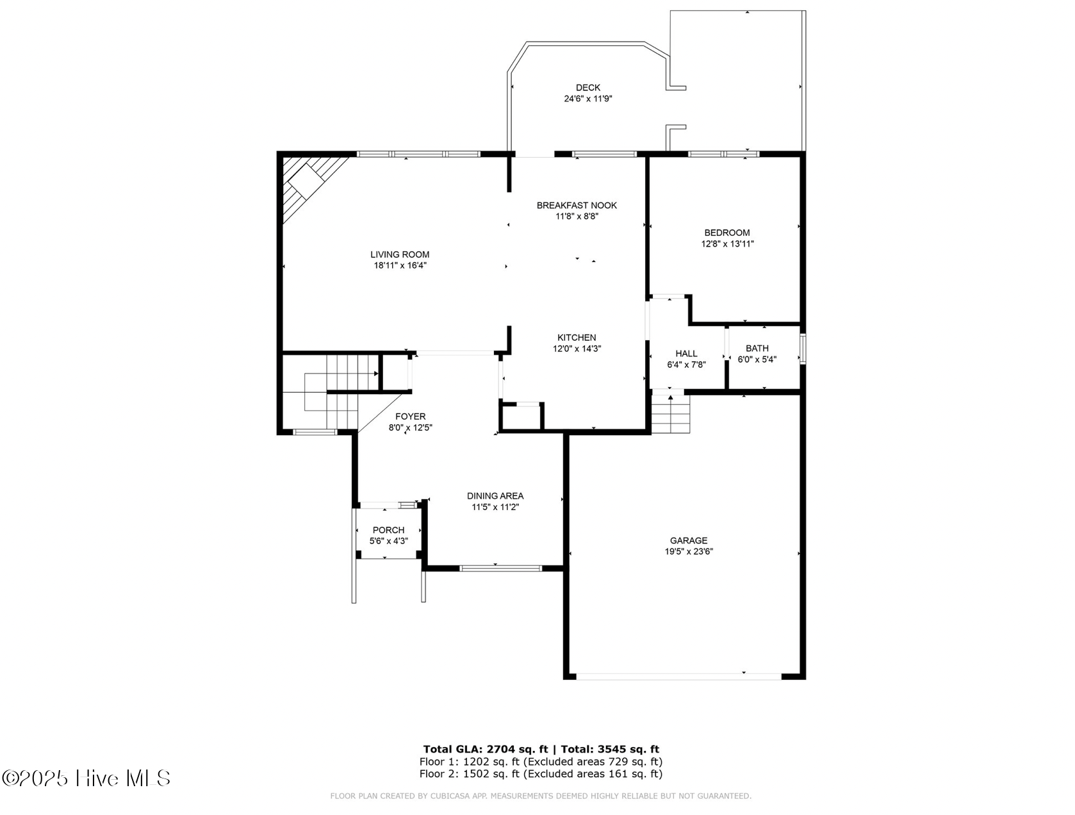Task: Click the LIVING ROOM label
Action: tap(400, 254)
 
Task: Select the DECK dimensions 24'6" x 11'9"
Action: tap(587, 99)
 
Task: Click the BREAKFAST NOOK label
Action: tap(577, 205)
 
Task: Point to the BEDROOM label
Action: tap(726, 233)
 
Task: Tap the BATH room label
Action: tap(757, 348)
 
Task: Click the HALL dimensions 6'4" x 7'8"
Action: tap(686, 365)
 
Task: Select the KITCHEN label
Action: tap(577, 337)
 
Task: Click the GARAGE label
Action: tap(689, 540)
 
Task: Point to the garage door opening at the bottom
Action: tap(679, 675)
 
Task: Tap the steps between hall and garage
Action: tap(671, 415)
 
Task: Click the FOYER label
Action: tap(410, 416)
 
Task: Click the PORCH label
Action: tap(388, 530)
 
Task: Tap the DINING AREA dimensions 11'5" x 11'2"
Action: tap(495, 507)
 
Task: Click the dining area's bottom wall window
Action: tap(501, 568)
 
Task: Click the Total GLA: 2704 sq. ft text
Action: tap(486, 748)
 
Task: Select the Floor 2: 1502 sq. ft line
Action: tap(541, 773)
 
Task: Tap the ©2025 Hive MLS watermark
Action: tap(86, 778)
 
